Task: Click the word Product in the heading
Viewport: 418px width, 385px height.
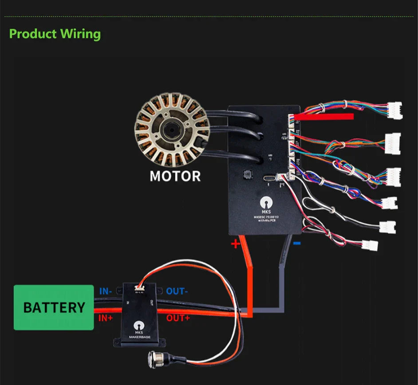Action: pos(33,34)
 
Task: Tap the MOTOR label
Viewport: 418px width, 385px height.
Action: pos(175,176)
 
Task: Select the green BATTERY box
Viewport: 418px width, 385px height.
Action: pos(54,307)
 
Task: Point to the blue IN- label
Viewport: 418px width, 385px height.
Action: pos(106,291)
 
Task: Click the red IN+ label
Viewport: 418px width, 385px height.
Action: pos(106,318)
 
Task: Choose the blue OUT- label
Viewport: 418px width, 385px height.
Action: pos(177,291)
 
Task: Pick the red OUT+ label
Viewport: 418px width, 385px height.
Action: pos(178,318)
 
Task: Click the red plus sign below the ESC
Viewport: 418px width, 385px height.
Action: pos(236,244)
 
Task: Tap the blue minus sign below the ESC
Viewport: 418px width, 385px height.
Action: pos(297,243)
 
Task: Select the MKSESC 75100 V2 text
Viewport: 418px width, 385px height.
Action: pos(266,217)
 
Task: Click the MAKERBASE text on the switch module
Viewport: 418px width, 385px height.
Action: pos(141,338)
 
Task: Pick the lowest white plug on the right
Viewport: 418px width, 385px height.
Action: pos(369,245)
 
